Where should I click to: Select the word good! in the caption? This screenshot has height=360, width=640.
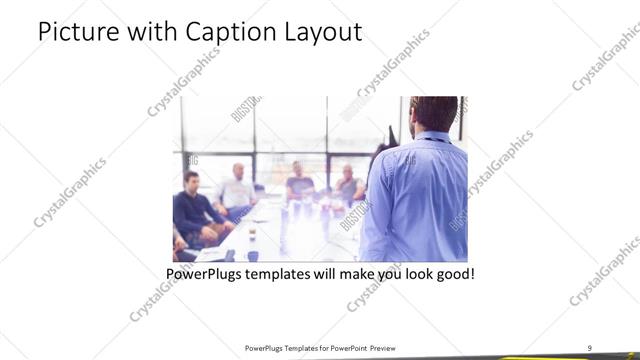click(x=453, y=272)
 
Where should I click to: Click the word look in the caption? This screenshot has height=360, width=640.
click(x=410, y=272)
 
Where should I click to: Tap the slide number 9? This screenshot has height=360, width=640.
click(x=590, y=346)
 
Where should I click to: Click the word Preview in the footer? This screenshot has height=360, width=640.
click(x=390, y=346)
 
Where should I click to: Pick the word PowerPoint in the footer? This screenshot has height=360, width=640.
click(x=346, y=346)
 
